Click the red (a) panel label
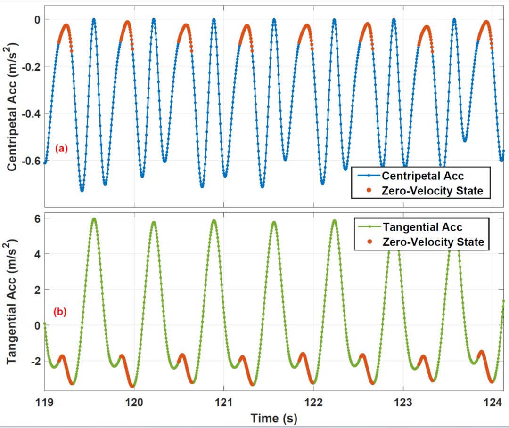62,149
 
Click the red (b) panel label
60,312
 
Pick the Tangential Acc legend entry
422,227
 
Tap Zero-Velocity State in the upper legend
433,191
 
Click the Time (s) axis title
274,418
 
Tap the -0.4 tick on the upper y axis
30,114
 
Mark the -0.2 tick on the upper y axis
30,66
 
